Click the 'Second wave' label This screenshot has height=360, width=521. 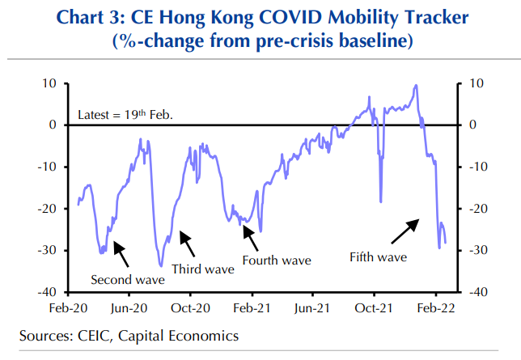click(x=128, y=280)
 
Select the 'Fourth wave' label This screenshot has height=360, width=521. click(x=276, y=261)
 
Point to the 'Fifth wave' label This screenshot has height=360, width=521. click(x=378, y=257)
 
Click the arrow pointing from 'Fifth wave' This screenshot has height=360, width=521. click(x=405, y=231)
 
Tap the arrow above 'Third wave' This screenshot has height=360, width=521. click(x=186, y=242)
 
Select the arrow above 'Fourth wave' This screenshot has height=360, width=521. click(x=251, y=238)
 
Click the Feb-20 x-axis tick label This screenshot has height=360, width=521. click(x=68, y=308)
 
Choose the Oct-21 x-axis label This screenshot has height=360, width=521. click(x=375, y=308)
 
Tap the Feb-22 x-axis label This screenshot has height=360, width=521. click(x=436, y=308)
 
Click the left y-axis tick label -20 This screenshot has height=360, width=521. click(x=48, y=209)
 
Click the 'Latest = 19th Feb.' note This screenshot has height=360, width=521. click(x=125, y=115)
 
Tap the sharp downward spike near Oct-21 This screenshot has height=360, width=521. click(x=380, y=198)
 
